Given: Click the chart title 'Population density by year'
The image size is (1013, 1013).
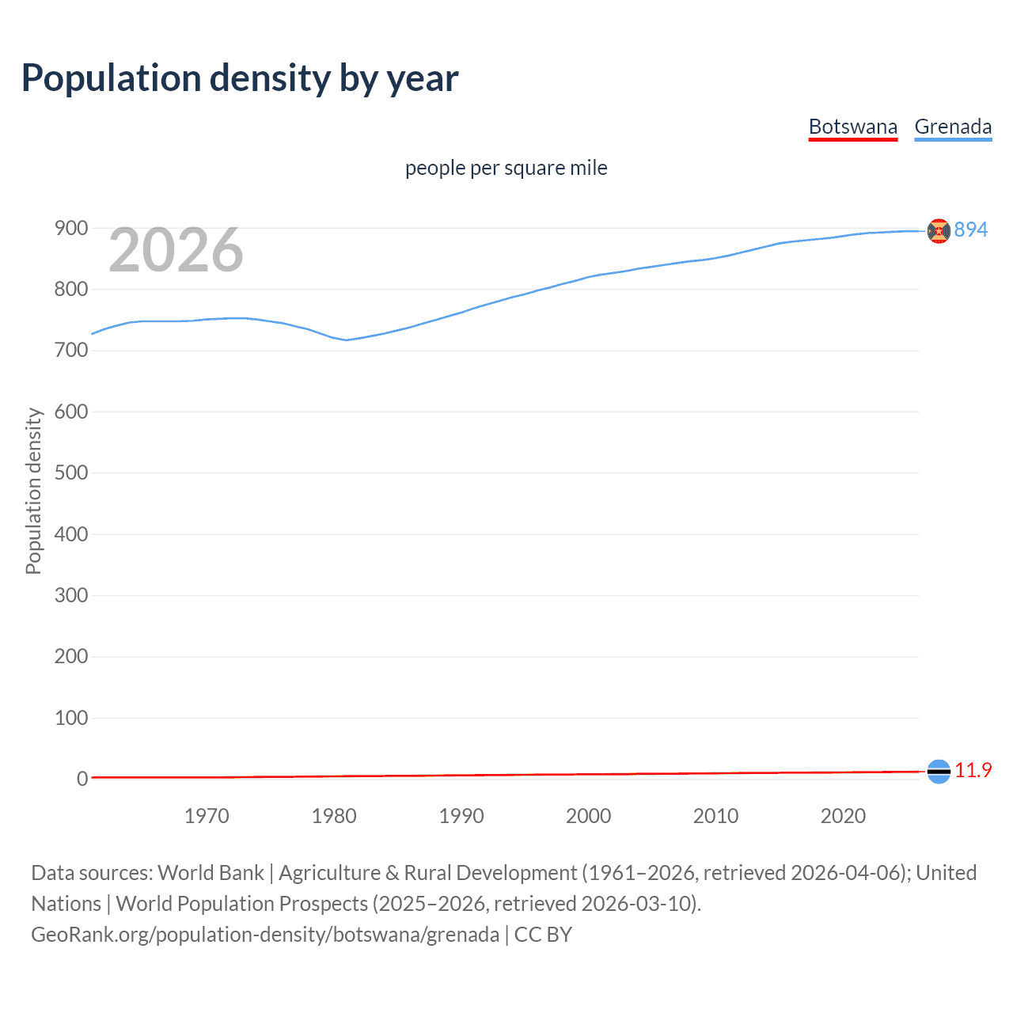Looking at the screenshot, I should (240, 78).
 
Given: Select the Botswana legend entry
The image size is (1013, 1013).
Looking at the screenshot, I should (852, 127).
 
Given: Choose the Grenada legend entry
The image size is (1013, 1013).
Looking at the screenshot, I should (953, 127).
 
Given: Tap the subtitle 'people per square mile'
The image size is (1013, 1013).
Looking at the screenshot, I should (506, 169).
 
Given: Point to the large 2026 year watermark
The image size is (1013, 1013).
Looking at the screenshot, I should (176, 250).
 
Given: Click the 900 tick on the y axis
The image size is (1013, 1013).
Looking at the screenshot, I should (71, 229).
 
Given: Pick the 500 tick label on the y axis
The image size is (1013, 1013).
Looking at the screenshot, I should (71, 473).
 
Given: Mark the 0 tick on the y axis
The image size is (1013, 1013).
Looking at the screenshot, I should (82, 780).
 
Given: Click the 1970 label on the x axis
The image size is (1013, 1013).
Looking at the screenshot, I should (207, 816).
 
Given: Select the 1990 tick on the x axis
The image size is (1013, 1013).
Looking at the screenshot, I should (461, 816).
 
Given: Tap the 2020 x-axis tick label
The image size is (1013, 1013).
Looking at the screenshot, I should (843, 816).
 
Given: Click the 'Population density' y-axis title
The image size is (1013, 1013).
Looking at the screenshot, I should (33, 491).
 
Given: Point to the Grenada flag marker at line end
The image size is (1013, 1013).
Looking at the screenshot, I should (939, 231).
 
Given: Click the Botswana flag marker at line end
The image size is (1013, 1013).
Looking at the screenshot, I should (939, 772).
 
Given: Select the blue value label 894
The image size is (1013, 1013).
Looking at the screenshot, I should (971, 230).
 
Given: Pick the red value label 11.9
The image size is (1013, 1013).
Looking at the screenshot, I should (973, 771).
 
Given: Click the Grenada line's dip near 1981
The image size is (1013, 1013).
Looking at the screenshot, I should (346, 340).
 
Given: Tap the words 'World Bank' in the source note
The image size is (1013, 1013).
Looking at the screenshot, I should (211, 873).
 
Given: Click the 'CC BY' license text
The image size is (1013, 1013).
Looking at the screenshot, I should (543, 935).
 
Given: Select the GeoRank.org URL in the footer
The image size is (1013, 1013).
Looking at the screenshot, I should (265, 935).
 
